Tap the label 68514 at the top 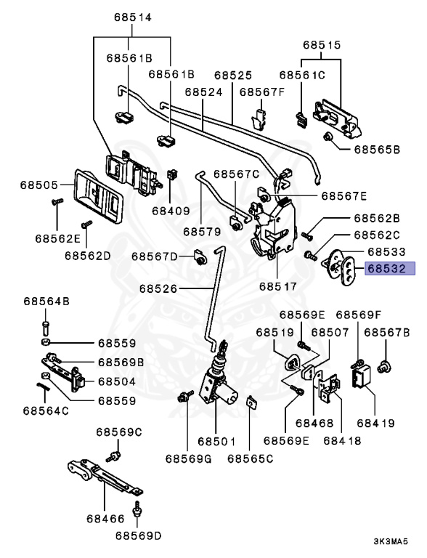(x=133, y=17)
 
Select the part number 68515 (x=322, y=45)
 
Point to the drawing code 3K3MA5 (x=391, y=541)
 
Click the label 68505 (x=38, y=185)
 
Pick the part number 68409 (x=171, y=211)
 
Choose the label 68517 (x=278, y=286)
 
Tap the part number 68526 (x=158, y=288)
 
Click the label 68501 (x=216, y=442)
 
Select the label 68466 (x=106, y=519)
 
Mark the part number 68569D (x=139, y=535)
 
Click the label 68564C (x=46, y=411)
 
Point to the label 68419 (x=376, y=423)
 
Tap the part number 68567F (x=262, y=92)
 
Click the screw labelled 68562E (x=57, y=202)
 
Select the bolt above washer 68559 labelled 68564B (x=45, y=328)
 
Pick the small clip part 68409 (x=173, y=174)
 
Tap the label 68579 (x=202, y=231)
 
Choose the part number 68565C (x=251, y=458)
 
